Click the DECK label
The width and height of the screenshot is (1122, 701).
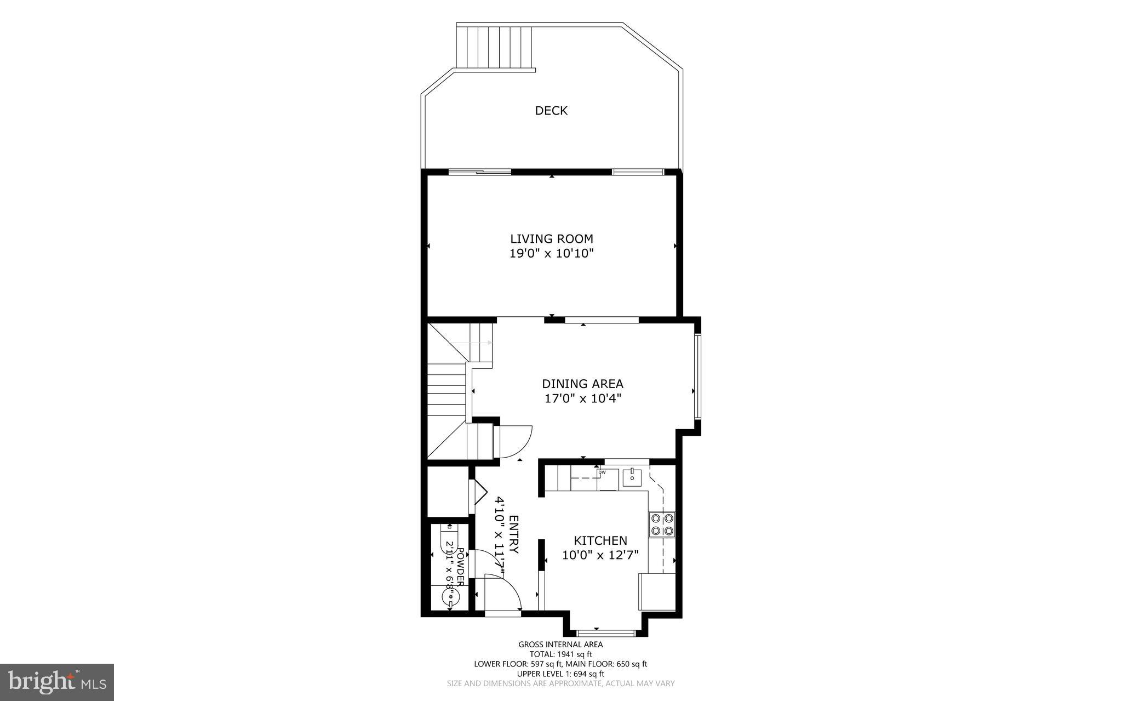(551, 111)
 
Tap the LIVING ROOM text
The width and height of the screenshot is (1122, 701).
(552, 239)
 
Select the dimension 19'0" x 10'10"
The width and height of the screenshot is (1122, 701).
(552, 254)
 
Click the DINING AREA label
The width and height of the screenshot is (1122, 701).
(582, 384)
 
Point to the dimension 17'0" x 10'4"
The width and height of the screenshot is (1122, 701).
(582, 398)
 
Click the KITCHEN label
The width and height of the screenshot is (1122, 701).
(600, 541)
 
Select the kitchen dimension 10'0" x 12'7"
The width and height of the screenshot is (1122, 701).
(600, 555)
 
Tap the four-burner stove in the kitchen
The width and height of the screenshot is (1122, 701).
(661, 524)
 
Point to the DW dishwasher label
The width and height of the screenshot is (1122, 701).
(602, 472)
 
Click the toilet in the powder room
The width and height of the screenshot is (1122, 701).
(449, 538)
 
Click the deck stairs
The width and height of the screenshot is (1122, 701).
(495, 48)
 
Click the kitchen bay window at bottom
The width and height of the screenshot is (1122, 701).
(606, 632)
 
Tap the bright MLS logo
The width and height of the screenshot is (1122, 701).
(57, 682)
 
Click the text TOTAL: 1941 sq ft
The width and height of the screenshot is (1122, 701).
(560, 654)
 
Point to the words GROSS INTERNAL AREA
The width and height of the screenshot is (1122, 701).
(560, 645)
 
